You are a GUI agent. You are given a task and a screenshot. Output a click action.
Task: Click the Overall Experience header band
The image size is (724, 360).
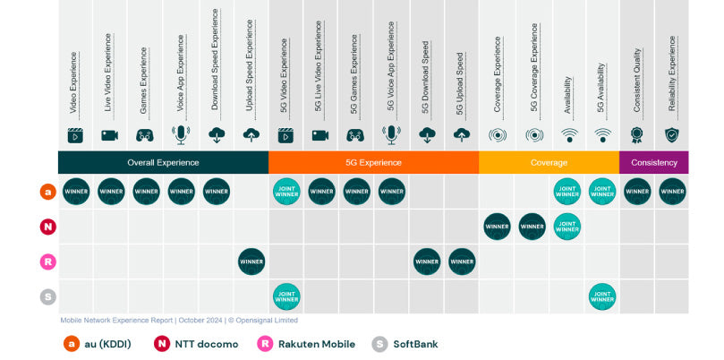pyautogui.click(x=163, y=162)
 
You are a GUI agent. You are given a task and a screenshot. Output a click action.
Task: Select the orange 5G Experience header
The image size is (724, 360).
pyautogui.click(x=373, y=162)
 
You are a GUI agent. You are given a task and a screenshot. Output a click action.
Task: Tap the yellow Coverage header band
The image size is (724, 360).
pyautogui.click(x=549, y=162)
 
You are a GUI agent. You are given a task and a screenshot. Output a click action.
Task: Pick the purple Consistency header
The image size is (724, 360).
pyautogui.click(x=654, y=162)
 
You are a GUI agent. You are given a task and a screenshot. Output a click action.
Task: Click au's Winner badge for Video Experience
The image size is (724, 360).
pyautogui.click(x=75, y=192)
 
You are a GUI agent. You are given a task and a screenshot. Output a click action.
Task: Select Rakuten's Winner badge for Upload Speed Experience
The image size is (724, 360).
pyautogui.click(x=251, y=261)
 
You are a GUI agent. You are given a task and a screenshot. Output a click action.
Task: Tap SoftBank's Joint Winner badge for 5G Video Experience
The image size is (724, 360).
pyautogui.click(x=286, y=296)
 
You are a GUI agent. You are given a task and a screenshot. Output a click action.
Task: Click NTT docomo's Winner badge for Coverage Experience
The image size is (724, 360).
pyautogui.click(x=497, y=227)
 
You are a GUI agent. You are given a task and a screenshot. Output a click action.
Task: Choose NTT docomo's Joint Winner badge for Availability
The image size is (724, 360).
pyautogui.click(x=566, y=227)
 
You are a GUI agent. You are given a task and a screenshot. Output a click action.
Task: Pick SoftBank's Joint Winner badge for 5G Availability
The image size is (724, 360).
pyautogui.click(x=602, y=296)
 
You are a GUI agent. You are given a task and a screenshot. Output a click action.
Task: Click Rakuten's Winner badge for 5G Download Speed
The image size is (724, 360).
pyautogui.click(x=427, y=261)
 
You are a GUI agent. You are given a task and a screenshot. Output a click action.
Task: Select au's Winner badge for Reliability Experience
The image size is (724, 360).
pyautogui.click(x=672, y=192)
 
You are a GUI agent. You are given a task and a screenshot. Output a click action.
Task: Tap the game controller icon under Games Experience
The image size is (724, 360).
pyautogui.click(x=145, y=135)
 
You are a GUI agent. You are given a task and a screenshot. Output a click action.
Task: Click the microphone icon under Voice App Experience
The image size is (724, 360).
pyautogui.click(x=181, y=135)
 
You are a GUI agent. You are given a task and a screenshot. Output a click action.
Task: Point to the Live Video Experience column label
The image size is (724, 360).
pyautogui.click(x=109, y=73)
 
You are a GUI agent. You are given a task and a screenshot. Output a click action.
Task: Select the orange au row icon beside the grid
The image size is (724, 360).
pyautogui.click(x=48, y=192)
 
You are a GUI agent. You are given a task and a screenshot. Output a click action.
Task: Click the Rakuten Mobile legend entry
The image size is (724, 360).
pyautogui.click(x=306, y=344)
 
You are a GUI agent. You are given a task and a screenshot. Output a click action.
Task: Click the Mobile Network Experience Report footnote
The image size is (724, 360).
pyautogui.click(x=179, y=320)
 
